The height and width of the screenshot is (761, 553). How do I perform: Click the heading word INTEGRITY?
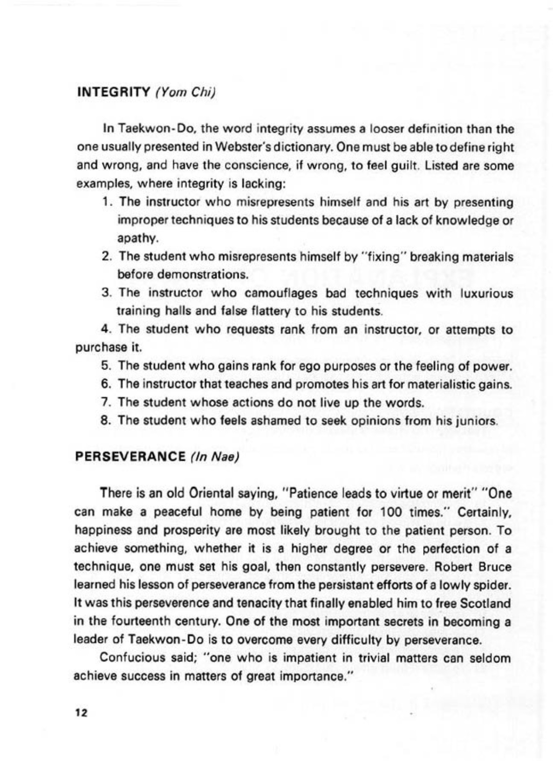click(x=112, y=92)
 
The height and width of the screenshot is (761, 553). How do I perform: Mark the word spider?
click(x=493, y=585)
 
